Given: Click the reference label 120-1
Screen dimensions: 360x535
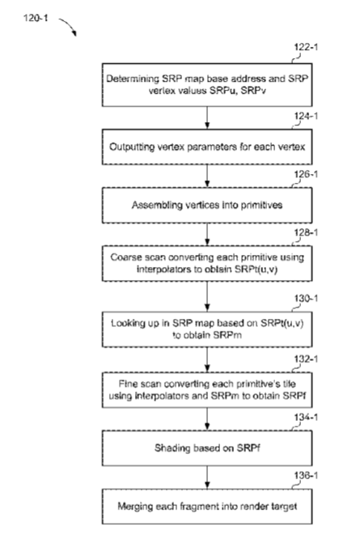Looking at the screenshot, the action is [36, 18].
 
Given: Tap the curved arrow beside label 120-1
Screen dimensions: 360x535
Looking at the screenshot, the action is [70, 24].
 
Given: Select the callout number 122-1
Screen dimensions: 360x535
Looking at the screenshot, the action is [306, 47].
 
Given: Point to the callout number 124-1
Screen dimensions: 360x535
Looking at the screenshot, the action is [306, 117].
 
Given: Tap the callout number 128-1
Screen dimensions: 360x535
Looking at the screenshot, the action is [306, 233].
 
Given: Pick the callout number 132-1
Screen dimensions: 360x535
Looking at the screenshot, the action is [306, 359].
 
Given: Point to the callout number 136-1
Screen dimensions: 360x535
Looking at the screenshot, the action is [306, 476].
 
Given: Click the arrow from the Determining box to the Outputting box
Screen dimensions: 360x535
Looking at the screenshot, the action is [207, 117].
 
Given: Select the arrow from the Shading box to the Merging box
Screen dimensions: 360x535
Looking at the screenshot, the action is [207, 478].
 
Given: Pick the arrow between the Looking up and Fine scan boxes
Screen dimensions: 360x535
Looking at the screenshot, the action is [207, 359].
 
